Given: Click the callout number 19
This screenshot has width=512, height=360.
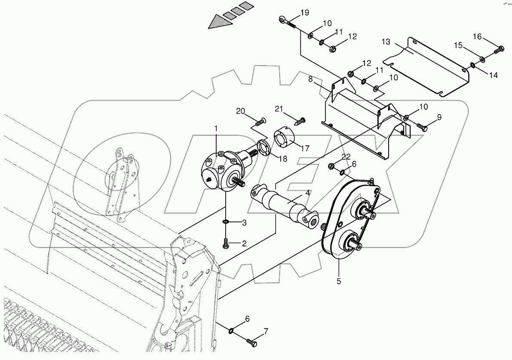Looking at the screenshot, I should [304, 12].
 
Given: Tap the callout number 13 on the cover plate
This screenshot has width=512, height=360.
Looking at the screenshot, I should [386, 42].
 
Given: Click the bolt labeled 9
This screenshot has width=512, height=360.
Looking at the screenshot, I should [422, 126].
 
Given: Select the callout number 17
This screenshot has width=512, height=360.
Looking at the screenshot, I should [305, 149].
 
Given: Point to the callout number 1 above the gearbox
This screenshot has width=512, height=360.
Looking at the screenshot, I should [216, 128].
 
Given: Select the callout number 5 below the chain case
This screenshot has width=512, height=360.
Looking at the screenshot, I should [338, 281].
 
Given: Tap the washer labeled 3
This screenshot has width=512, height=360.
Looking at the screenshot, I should [226, 222].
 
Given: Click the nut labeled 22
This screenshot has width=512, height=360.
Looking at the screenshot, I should [331, 166].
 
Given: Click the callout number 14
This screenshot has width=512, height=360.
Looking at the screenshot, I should [493, 75].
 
